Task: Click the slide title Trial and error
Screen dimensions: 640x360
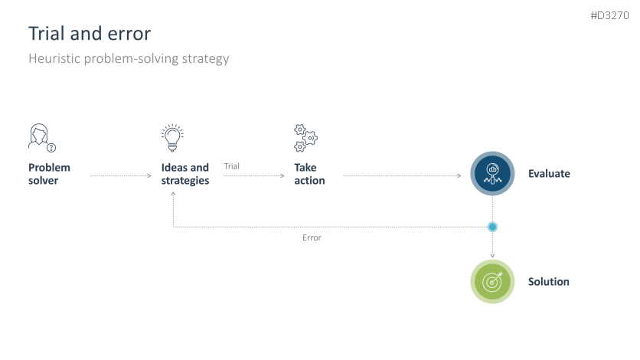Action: pyautogui.click(x=90, y=34)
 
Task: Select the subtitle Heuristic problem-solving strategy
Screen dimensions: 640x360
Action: pyautogui.click(x=129, y=58)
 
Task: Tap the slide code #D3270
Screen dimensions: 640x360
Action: pyautogui.click(x=609, y=15)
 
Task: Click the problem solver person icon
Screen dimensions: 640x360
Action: pyautogui.click(x=42, y=138)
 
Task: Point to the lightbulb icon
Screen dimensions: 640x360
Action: pyautogui.click(x=172, y=138)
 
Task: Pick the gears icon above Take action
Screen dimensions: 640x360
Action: pyautogui.click(x=305, y=138)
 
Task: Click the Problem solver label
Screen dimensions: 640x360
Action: pyautogui.click(x=49, y=174)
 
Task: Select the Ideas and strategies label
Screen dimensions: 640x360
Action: pyautogui.click(x=185, y=174)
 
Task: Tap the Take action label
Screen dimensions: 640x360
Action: pyautogui.click(x=309, y=174)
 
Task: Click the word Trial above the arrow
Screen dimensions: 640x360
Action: pyautogui.click(x=231, y=166)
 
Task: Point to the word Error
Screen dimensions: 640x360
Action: pyautogui.click(x=312, y=237)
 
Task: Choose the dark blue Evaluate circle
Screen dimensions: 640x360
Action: pyautogui.click(x=492, y=173)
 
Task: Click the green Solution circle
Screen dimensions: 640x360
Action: pyautogui.click(x=492, y=282)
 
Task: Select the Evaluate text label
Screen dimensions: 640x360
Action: pyautogui.click(x=549, y=173)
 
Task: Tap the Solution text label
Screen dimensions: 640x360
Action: pyautogui.click(x=549, y=282)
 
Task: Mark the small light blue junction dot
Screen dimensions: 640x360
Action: pyautogui.click(x=492, y=227)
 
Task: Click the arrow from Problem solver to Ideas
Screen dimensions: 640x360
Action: pyautogui.click(x=121, y=175)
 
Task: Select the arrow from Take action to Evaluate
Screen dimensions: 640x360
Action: pyautogui.click(x=403, y=175)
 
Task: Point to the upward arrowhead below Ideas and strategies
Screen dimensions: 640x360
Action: pyautogui.click(x=173, y=194)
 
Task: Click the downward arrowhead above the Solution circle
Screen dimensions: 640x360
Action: pyautogui.click(x=492, y=256)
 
